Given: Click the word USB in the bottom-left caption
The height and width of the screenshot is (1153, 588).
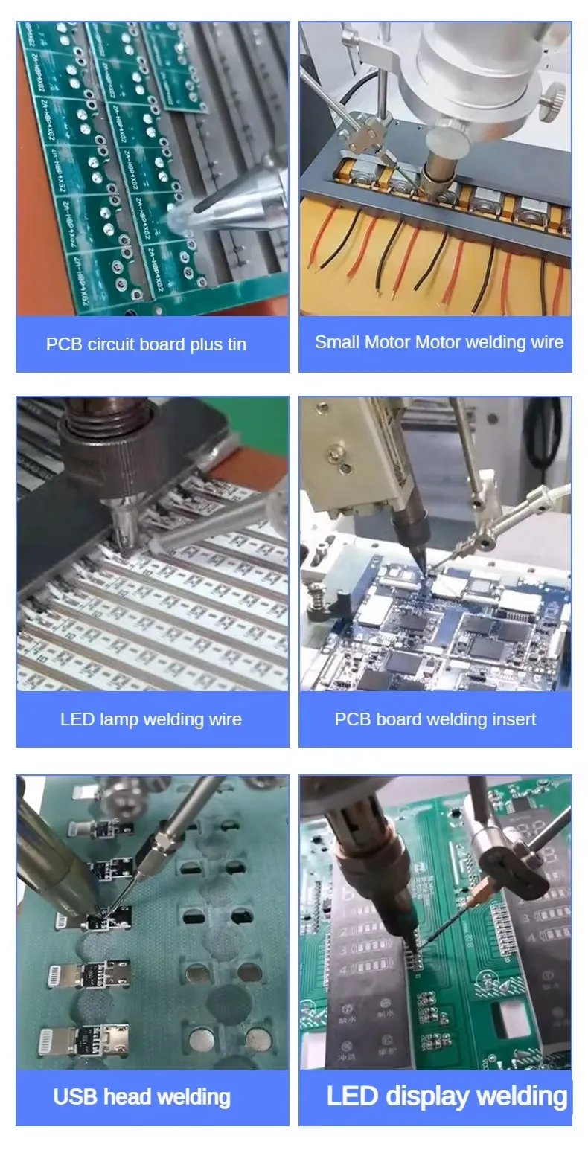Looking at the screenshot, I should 76,1096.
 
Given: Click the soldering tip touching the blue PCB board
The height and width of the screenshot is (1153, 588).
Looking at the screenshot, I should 424,568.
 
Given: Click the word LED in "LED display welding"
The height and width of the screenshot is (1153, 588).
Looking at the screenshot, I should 353,1096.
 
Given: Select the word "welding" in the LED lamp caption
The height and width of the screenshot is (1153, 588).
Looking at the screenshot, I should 176,719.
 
